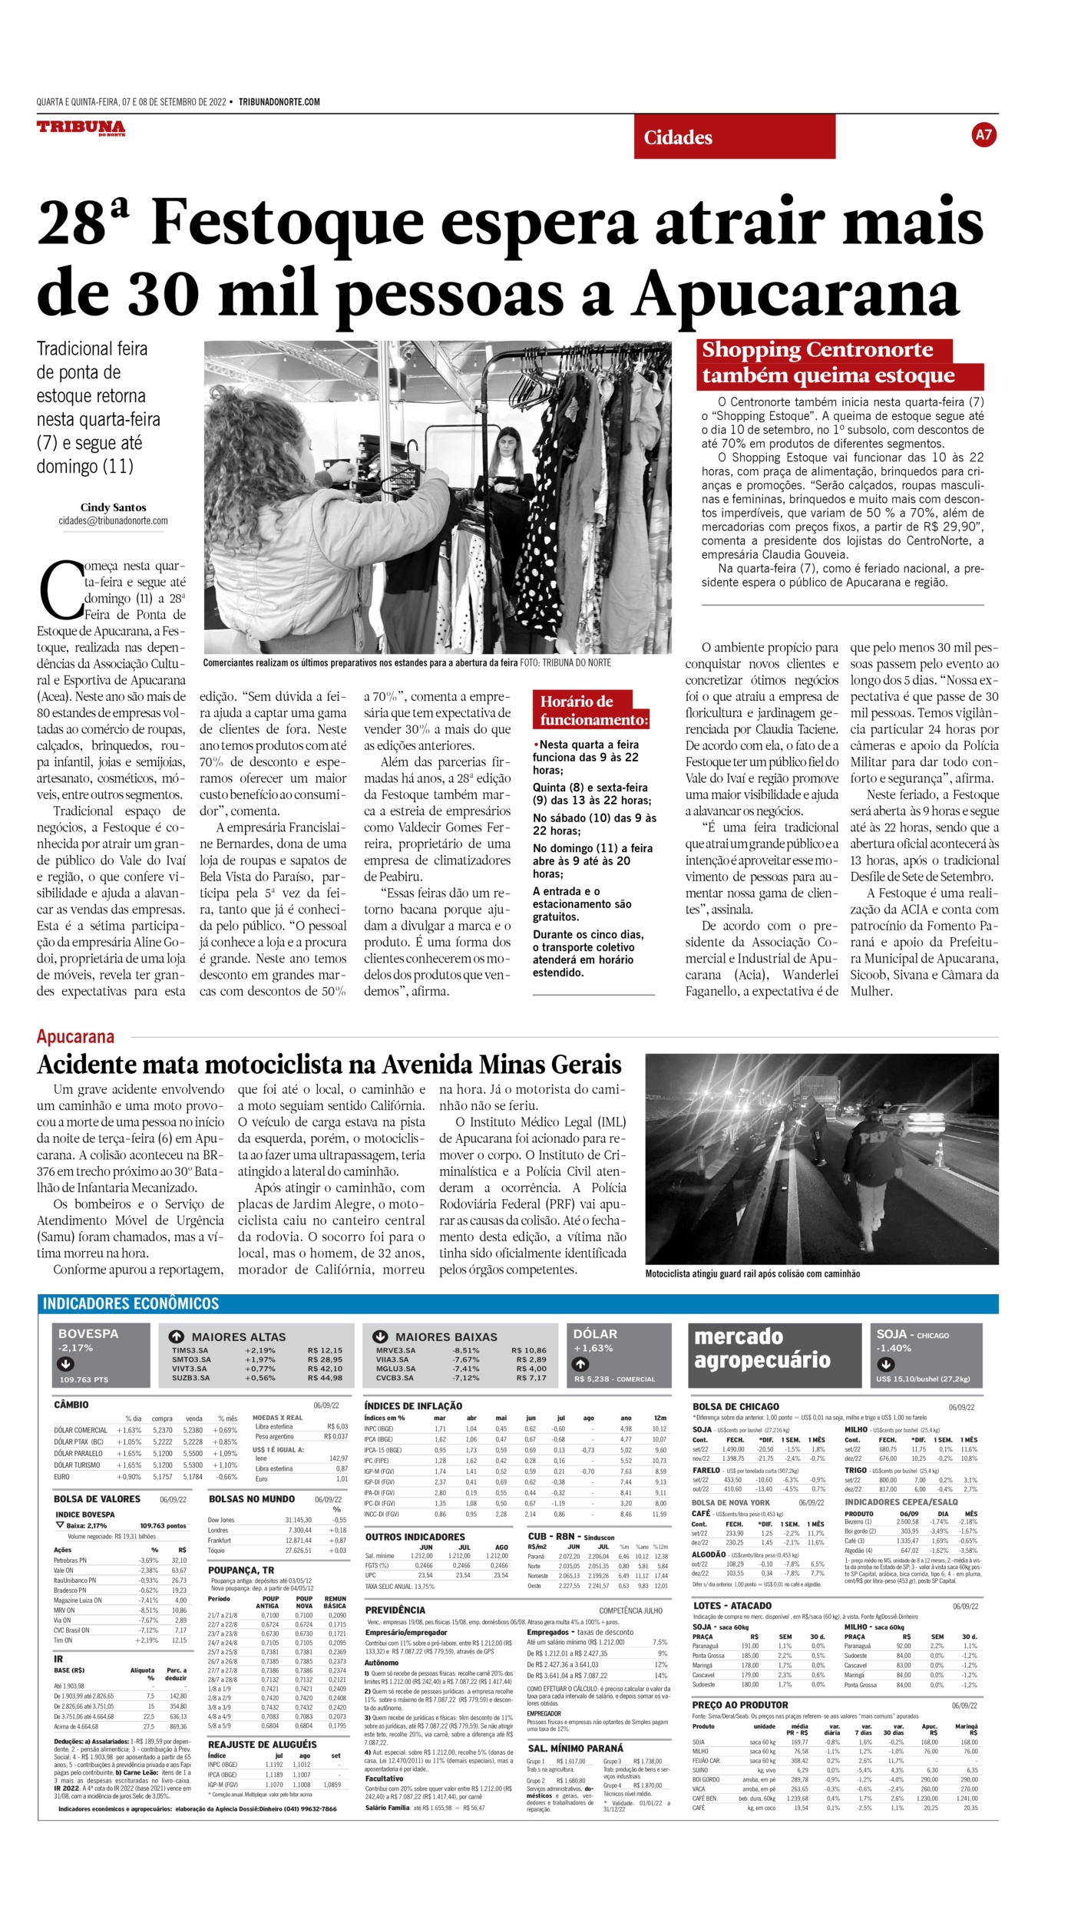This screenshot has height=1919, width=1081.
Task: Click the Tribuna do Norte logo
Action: [81, 128]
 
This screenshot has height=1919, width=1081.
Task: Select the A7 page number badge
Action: [983, 135]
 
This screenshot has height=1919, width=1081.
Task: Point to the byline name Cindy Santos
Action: [113, 507]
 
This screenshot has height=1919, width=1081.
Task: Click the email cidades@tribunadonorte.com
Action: [113, 521]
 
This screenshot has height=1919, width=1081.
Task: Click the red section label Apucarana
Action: [75, 1036]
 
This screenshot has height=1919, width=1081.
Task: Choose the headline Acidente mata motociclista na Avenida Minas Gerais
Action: [329, 1065]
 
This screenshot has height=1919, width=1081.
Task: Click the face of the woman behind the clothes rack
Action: [507, 444]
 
